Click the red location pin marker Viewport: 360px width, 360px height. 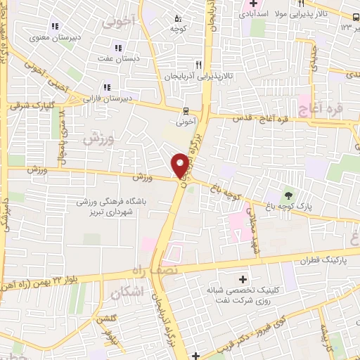(180, 165)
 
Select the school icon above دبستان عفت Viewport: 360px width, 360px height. (117, 48)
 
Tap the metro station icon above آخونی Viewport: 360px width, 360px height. (186, 110)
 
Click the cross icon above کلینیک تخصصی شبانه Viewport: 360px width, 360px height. (243, 279)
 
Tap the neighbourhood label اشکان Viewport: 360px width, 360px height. (127, 290)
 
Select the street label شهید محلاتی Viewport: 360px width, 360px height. (250, 232)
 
